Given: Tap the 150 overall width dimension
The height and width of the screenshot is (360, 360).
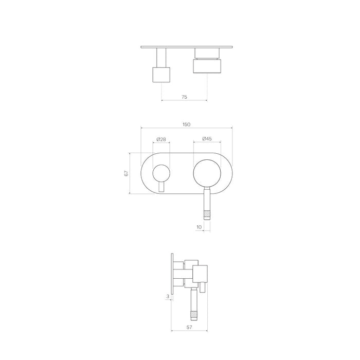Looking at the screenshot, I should click(x=186, y=125).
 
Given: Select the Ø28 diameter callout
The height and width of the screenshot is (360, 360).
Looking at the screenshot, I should click(x=161, y=139).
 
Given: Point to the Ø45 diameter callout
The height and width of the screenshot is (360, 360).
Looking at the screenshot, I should click(x=208, y=139).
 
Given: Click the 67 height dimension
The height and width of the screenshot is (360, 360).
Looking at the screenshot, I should click(x=125, y=173).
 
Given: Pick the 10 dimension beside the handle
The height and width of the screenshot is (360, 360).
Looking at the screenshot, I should click(x=199, y=226).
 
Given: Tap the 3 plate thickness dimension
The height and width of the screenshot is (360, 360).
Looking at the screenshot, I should click(x=168, y=296).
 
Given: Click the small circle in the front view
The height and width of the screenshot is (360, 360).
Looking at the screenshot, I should click(x=161, y=173).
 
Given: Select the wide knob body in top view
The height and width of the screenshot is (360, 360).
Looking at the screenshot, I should click(x=208, y=65).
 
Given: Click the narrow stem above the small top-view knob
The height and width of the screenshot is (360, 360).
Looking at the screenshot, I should click(x=161, y=57).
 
